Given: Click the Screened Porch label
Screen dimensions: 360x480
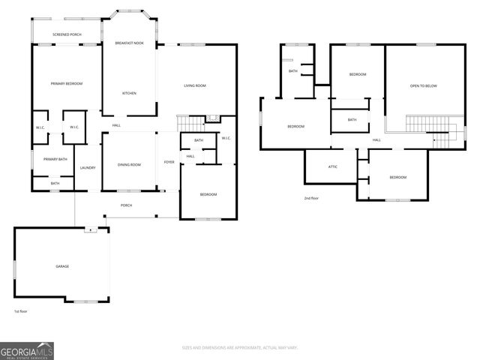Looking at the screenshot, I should pyautogui.click(x=67, y=34).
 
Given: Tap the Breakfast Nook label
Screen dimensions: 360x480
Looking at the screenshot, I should pyautogui.click(x=129, y=43).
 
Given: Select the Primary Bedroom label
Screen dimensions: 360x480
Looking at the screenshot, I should pyautogui.click(x=66, y=83).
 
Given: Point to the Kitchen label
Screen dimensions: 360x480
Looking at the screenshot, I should pyautogui.click(x=129, y=93).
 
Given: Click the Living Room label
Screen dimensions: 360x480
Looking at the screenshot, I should pyautogui.click(x=195, y=85).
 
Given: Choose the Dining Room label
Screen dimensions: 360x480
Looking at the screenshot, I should pyautogui.click(x=129, y=164).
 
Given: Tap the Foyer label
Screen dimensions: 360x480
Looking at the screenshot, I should pyautogui.click(x=169, y=162).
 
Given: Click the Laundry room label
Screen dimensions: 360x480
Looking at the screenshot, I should pyautogui.click(x=88, y=167).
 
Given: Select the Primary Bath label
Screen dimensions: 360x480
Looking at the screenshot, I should pyautogui.click(x=55, y=159).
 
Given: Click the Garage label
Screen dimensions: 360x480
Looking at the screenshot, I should pyautogui.click(x=62, y=266).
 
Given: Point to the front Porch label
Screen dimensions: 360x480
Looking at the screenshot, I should pyautogui.click(x=127, y=205).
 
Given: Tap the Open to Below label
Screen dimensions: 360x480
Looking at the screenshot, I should pyautogui.click(x=423, y=86).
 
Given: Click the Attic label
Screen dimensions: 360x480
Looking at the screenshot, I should pyautogui.click(x=333, y=166).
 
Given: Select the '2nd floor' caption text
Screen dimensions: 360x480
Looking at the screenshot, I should pyautogui.click(x=312, y=198).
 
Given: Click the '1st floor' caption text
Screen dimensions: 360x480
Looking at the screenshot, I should pyautogui.click(x=22, y=310).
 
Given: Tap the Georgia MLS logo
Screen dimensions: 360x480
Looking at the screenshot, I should pyautogui.click(x=26, y=350).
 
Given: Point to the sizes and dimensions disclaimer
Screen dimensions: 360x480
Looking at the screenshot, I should pyautogui.click(x=240, y=347).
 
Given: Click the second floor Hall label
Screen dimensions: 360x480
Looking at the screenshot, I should pyautogui.click(x=376, y=140).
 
